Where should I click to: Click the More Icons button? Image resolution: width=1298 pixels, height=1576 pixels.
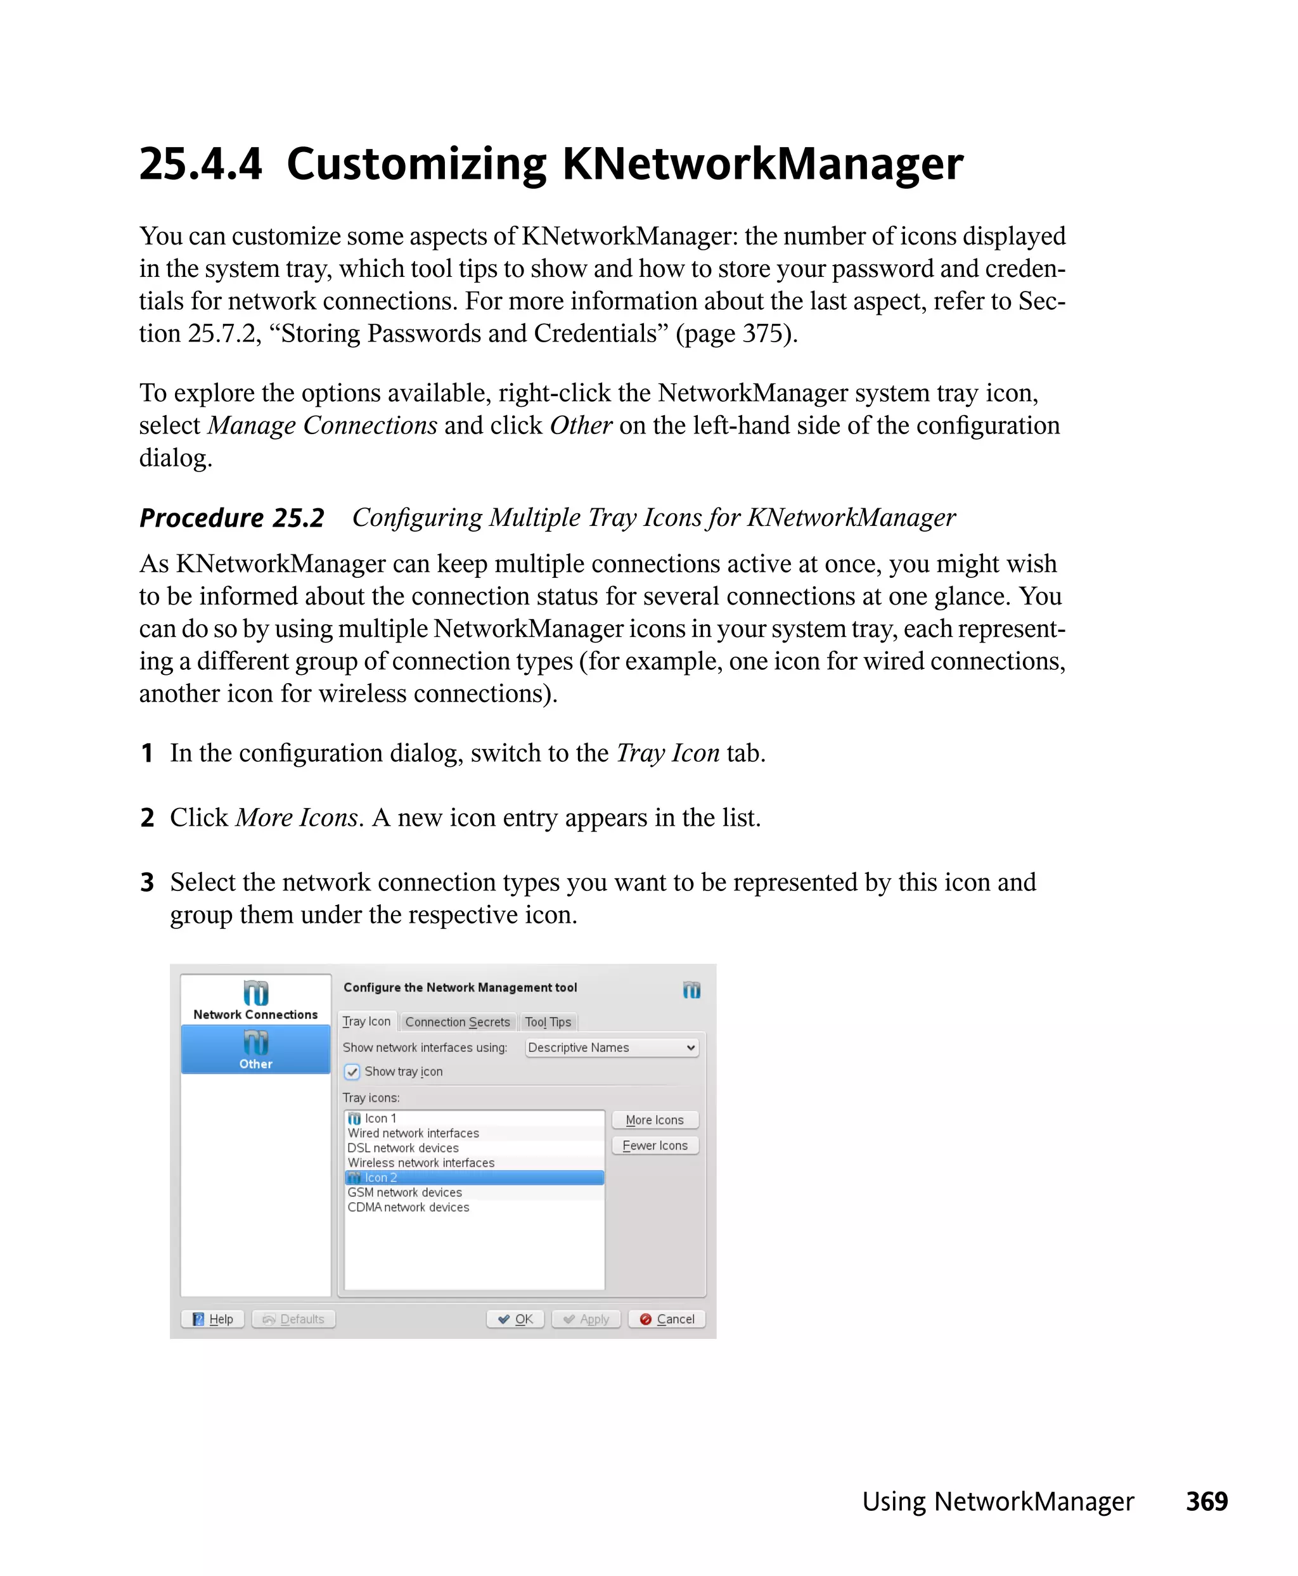pos(654,1119)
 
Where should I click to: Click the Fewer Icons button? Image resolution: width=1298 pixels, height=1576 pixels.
pos(654,1144)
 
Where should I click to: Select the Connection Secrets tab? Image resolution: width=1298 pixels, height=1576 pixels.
pos(457,1022)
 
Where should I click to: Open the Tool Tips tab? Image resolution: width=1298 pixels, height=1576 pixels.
pos(548,1022)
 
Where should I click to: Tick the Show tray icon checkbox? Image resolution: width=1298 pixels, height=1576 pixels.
pos(352,1072)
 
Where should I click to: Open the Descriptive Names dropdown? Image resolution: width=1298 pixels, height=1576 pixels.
pos(611,1047)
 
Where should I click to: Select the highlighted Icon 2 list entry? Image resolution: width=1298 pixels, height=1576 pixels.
pos(473,1177)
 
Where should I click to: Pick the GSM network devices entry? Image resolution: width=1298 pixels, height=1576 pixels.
pos(404,1192)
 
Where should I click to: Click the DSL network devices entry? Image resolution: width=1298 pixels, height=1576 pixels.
pos(403,1148)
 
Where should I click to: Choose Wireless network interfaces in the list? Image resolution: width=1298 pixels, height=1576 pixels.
pos(421,1163)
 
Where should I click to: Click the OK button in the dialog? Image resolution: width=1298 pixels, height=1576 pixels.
pos(515,1319)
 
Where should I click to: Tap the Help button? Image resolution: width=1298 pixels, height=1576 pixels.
pos(213,1319)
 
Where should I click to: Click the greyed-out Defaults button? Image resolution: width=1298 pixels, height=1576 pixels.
pos(294,1319)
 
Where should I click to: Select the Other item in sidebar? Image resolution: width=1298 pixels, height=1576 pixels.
pos(255,1049)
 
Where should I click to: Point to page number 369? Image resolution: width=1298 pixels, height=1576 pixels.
pos(1206,1501)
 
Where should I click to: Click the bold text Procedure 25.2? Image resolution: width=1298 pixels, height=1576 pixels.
pos(232,517)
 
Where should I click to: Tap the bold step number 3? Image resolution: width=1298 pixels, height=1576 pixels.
pos(147,882)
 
